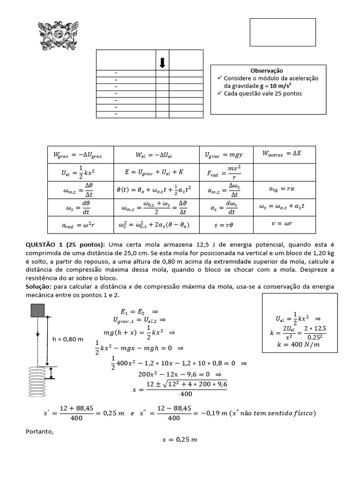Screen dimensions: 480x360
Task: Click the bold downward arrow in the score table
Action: [162, 63]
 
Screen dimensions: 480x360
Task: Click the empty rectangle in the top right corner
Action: [276, 32]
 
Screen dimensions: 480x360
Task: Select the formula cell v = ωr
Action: [282, 224]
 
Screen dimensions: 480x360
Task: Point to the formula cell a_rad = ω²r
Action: [75, 225]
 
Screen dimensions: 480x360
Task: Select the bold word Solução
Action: [39, 286]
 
